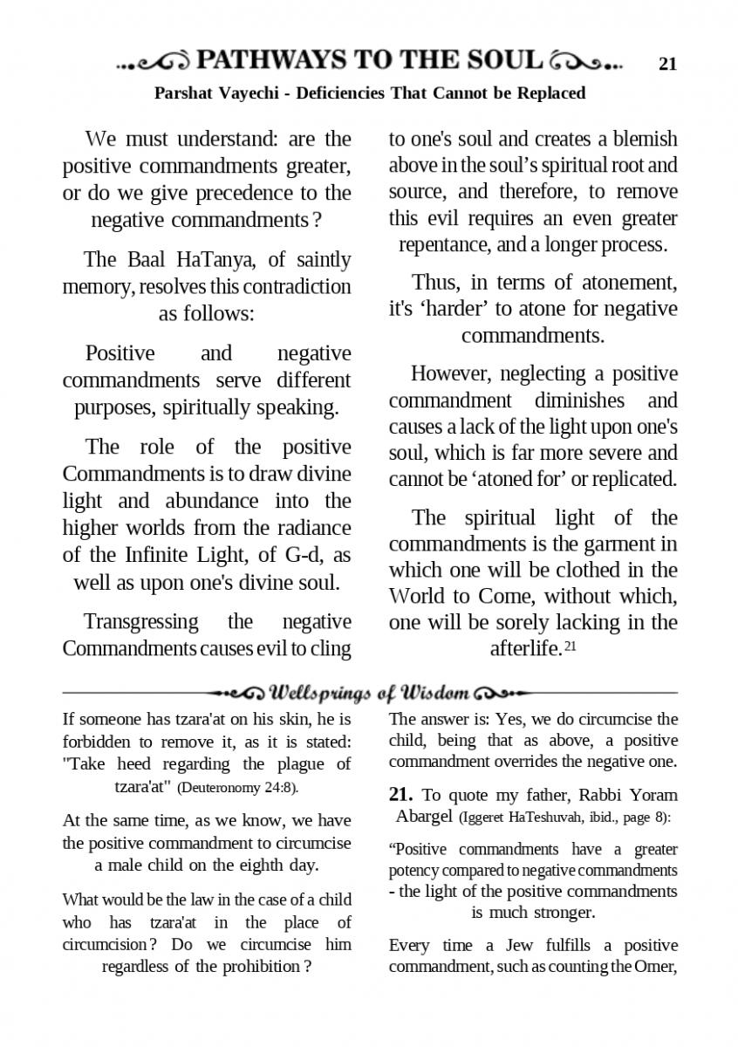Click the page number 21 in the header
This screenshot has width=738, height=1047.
pos(667,63)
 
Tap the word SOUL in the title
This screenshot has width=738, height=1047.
pos(507,60)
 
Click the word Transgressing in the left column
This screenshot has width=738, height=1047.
pos(140,622)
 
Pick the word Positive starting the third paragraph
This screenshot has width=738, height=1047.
pos(120,353)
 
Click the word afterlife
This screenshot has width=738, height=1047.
pos(524,649)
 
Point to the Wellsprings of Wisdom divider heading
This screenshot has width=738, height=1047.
pos(370,694)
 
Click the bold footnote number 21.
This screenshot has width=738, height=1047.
pos(400,796)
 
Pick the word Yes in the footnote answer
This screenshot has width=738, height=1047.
pos(510,720)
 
